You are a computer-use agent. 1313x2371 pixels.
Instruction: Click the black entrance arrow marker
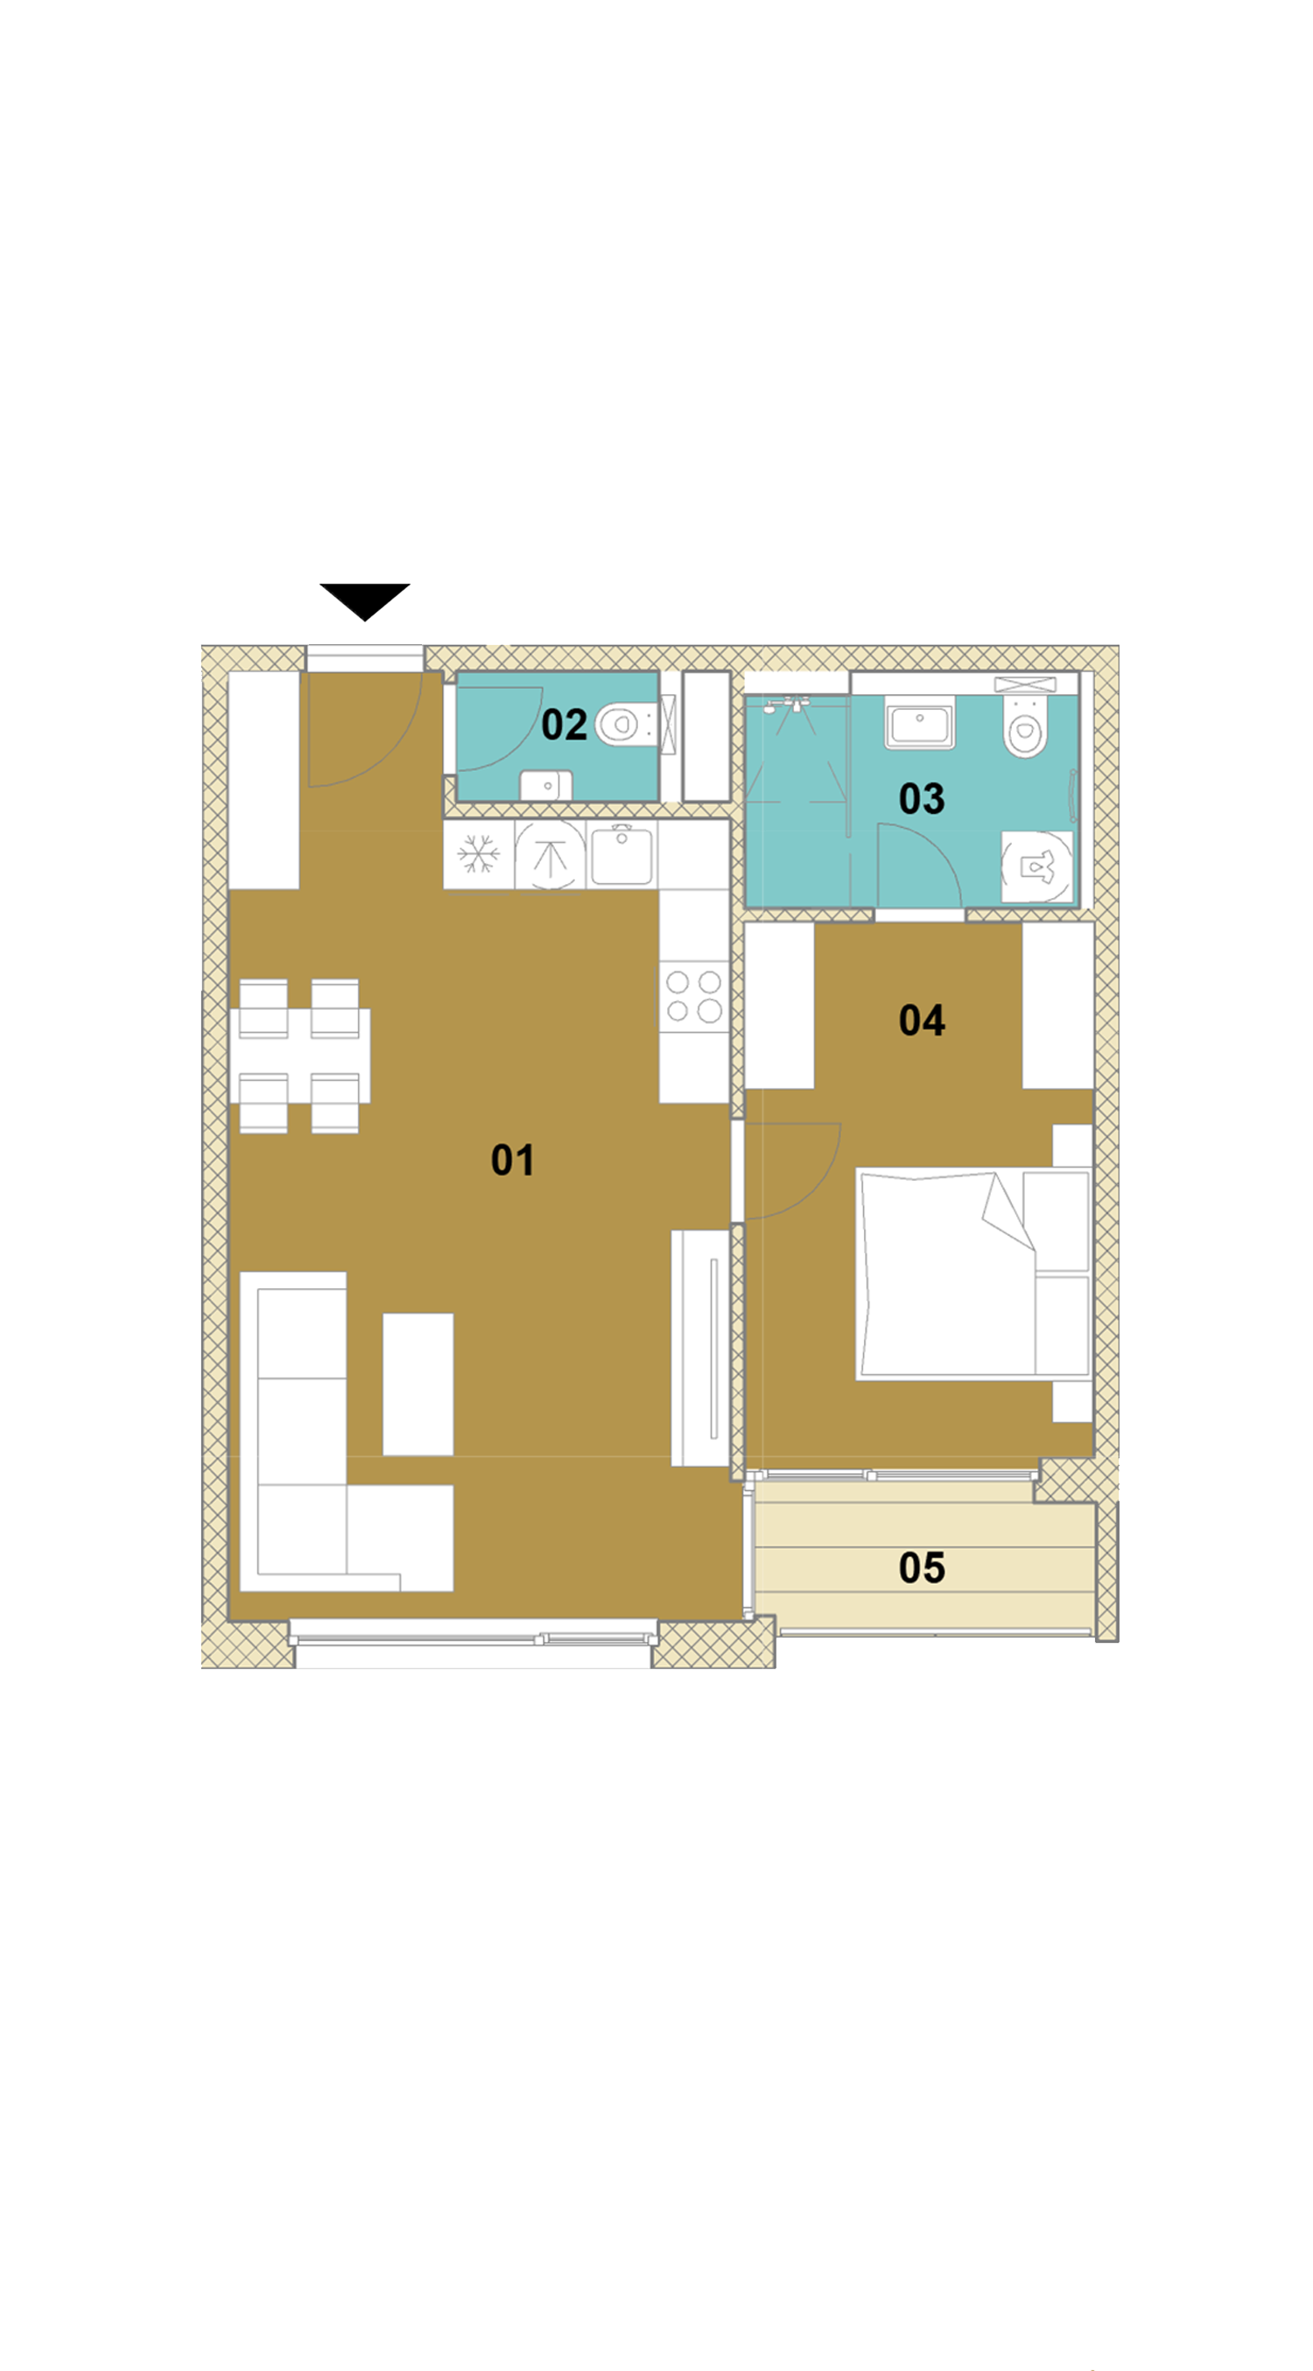(365, 600)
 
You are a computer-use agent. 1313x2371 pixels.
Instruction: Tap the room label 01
(512, 1160)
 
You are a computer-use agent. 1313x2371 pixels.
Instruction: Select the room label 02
(564, 725)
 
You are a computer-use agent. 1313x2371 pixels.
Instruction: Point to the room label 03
(922, 798)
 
